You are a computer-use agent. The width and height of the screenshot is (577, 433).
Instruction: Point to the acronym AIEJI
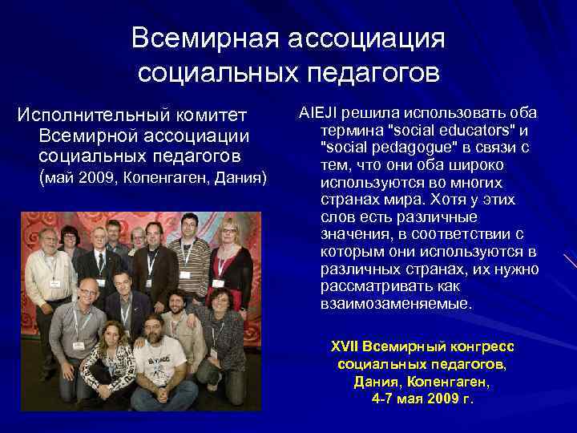click(317, 112)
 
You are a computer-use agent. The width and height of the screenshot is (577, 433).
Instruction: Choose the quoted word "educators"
click(470, 130)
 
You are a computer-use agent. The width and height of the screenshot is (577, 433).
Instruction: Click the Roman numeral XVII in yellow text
click(345, 347)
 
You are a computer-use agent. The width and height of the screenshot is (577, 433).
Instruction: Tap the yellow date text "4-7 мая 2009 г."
click(422, 398)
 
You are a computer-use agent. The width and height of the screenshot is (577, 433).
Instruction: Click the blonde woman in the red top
click(229, 257)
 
